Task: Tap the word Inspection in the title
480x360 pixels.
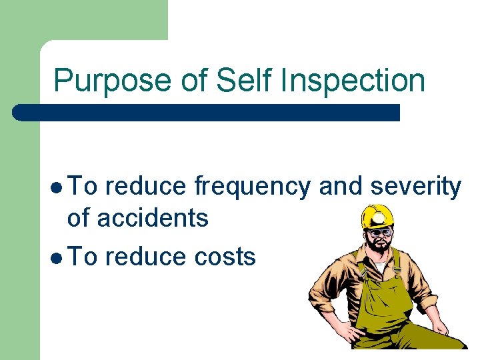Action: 354,81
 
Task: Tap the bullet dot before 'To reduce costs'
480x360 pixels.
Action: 59,257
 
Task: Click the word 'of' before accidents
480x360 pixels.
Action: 79,218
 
